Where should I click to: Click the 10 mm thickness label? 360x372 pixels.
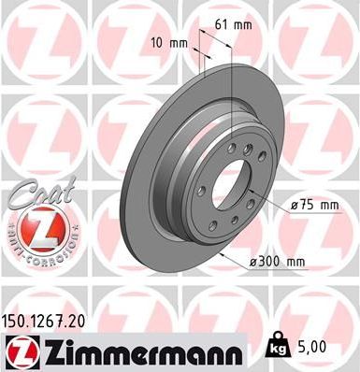[171, 43]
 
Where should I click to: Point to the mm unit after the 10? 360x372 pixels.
[178, 43]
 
